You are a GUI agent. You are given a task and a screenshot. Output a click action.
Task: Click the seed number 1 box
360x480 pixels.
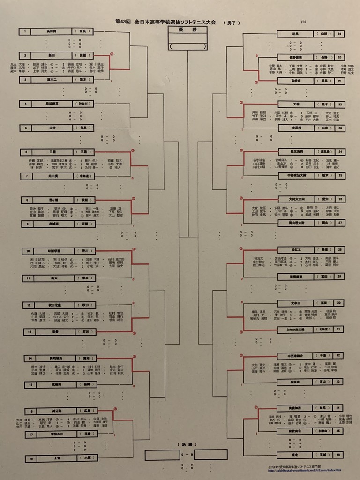click(x=25, y=31)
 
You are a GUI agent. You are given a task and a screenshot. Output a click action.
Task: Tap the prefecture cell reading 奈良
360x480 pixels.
click(x=82, y=31)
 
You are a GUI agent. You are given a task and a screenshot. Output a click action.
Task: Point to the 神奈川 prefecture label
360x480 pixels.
click(x=82, y=103)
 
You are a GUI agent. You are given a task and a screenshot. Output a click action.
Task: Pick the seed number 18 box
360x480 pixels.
click(x=30, y=459)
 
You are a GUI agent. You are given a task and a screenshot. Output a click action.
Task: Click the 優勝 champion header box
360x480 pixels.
click(x=187, y=30)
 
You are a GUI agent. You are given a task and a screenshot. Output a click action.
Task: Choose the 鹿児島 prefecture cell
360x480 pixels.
click(x=324, y=151)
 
